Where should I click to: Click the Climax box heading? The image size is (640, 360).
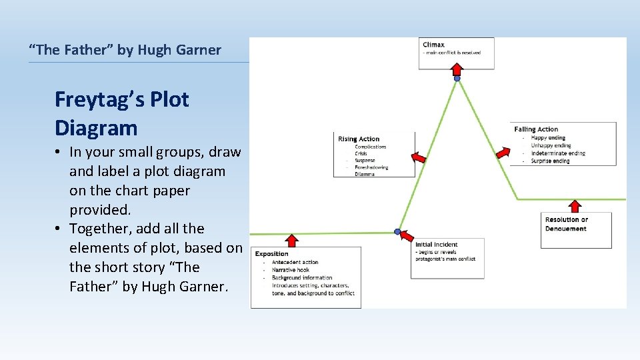coord(433,45)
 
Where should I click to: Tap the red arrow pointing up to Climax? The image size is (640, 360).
coord(457,69)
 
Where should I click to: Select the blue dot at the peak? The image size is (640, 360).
coord(457,79)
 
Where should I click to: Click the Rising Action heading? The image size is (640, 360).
coord(359,139)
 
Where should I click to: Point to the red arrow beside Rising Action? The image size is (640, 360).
coord(418,157)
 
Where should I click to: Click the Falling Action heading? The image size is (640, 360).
coord(536,129)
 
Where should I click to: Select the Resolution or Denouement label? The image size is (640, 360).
coord(566,224)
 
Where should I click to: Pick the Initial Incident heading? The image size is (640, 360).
coord(437,245)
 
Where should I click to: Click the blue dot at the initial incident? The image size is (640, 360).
coord(398,232)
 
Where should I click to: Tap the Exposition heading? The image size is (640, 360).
coord(272,253)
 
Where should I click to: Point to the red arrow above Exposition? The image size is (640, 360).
coord(292,241)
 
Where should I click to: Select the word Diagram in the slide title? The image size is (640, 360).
coord(96,128)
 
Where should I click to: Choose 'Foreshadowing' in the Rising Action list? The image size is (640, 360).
coord(371,167)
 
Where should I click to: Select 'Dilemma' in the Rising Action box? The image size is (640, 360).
coord(365,174)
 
